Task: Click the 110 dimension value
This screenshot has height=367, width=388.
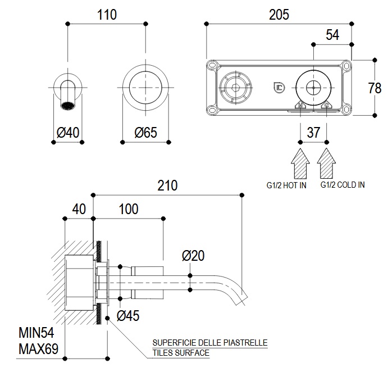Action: (x=107, y=15)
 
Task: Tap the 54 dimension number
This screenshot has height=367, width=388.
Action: (x=332, y=35)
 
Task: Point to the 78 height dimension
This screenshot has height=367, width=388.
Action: (x=375, y=88)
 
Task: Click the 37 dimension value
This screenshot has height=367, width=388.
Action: (x=313, y=133)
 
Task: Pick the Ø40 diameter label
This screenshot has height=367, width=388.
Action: (x=68, y=133)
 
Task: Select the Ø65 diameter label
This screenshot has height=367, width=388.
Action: (x=145, y=133)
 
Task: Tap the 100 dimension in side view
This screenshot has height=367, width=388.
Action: (x=129, y=209)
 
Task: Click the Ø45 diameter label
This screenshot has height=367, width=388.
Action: (x=128, y=316)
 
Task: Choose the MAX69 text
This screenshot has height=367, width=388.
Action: (x=39, y=348)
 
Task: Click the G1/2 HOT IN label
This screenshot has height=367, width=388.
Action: (x=286, y=184)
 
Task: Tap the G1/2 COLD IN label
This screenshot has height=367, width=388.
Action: (x=343, y=184)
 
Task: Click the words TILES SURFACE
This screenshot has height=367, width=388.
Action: (x=181, y=353)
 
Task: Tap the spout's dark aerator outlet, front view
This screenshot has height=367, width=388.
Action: (x=68, y=105)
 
